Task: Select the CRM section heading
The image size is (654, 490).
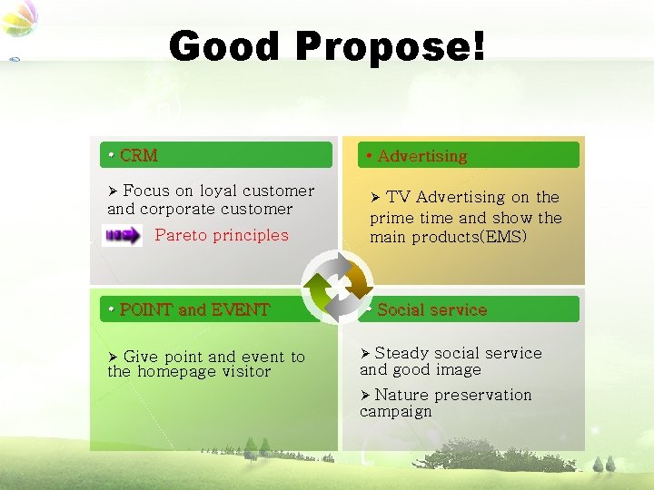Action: pos(138,155)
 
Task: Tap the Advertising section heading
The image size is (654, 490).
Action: pos(421,156)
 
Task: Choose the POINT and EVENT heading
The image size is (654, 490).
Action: pos(194,309)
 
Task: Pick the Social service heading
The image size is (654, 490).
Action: pos(431,309)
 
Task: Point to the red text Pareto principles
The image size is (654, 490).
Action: pos(221,235)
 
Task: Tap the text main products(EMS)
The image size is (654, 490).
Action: pos(448,237)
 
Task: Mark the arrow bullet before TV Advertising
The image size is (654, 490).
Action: pos(376,197)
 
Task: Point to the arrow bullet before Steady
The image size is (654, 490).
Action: pos(365,353)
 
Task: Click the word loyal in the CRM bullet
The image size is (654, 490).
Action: pos(220,191)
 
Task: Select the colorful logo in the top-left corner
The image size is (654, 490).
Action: pos(20,18)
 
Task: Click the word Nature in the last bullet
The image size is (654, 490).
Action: pos(401,395)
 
